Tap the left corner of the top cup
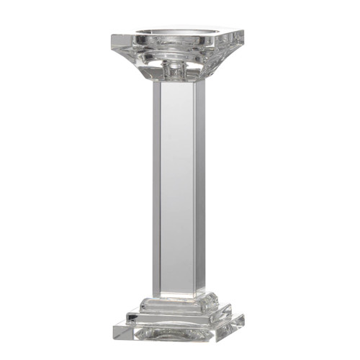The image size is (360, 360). [x=114, y=37]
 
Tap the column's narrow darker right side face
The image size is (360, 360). [x=199, y=187]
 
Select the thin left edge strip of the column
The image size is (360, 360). [x=155, y=187]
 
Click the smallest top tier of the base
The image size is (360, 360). [x=176, y=302]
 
